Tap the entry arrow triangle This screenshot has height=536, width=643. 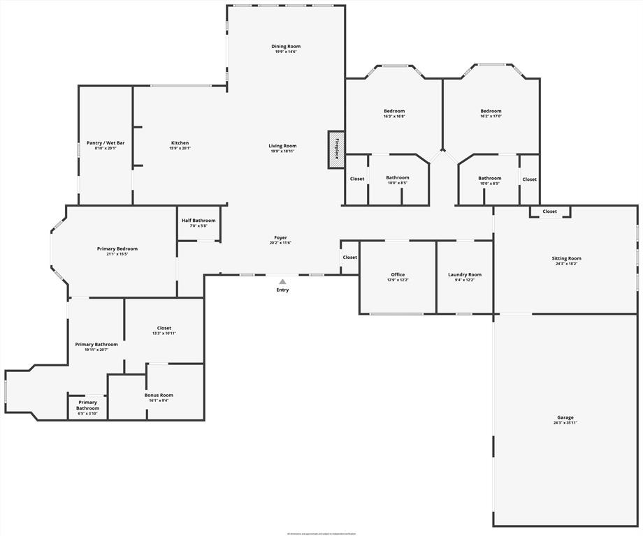point(282,281)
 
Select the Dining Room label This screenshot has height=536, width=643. point(286,47)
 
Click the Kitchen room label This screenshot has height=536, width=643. point(180,143)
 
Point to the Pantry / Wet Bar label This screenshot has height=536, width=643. point(106,143)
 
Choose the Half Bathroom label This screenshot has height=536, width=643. point(198,221)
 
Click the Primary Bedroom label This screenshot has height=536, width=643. point(117,248)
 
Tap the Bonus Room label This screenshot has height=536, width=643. point(159,395)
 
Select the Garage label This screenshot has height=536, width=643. point(565,417)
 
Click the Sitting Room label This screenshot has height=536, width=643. point(566,258)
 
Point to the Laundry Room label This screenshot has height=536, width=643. point(465,274)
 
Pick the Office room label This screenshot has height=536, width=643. point(398,274)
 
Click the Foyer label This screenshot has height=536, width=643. point(280,237)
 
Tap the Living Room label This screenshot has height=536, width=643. point(282,146)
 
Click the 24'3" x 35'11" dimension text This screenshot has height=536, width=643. point(565,423)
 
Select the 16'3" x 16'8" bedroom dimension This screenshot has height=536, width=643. point(394,117)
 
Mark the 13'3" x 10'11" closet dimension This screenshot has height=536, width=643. point(164,334)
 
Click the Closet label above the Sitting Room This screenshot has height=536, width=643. point(550,211)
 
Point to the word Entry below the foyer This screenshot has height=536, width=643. point(282,290)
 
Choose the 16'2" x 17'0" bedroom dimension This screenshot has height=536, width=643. point(491,117)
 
